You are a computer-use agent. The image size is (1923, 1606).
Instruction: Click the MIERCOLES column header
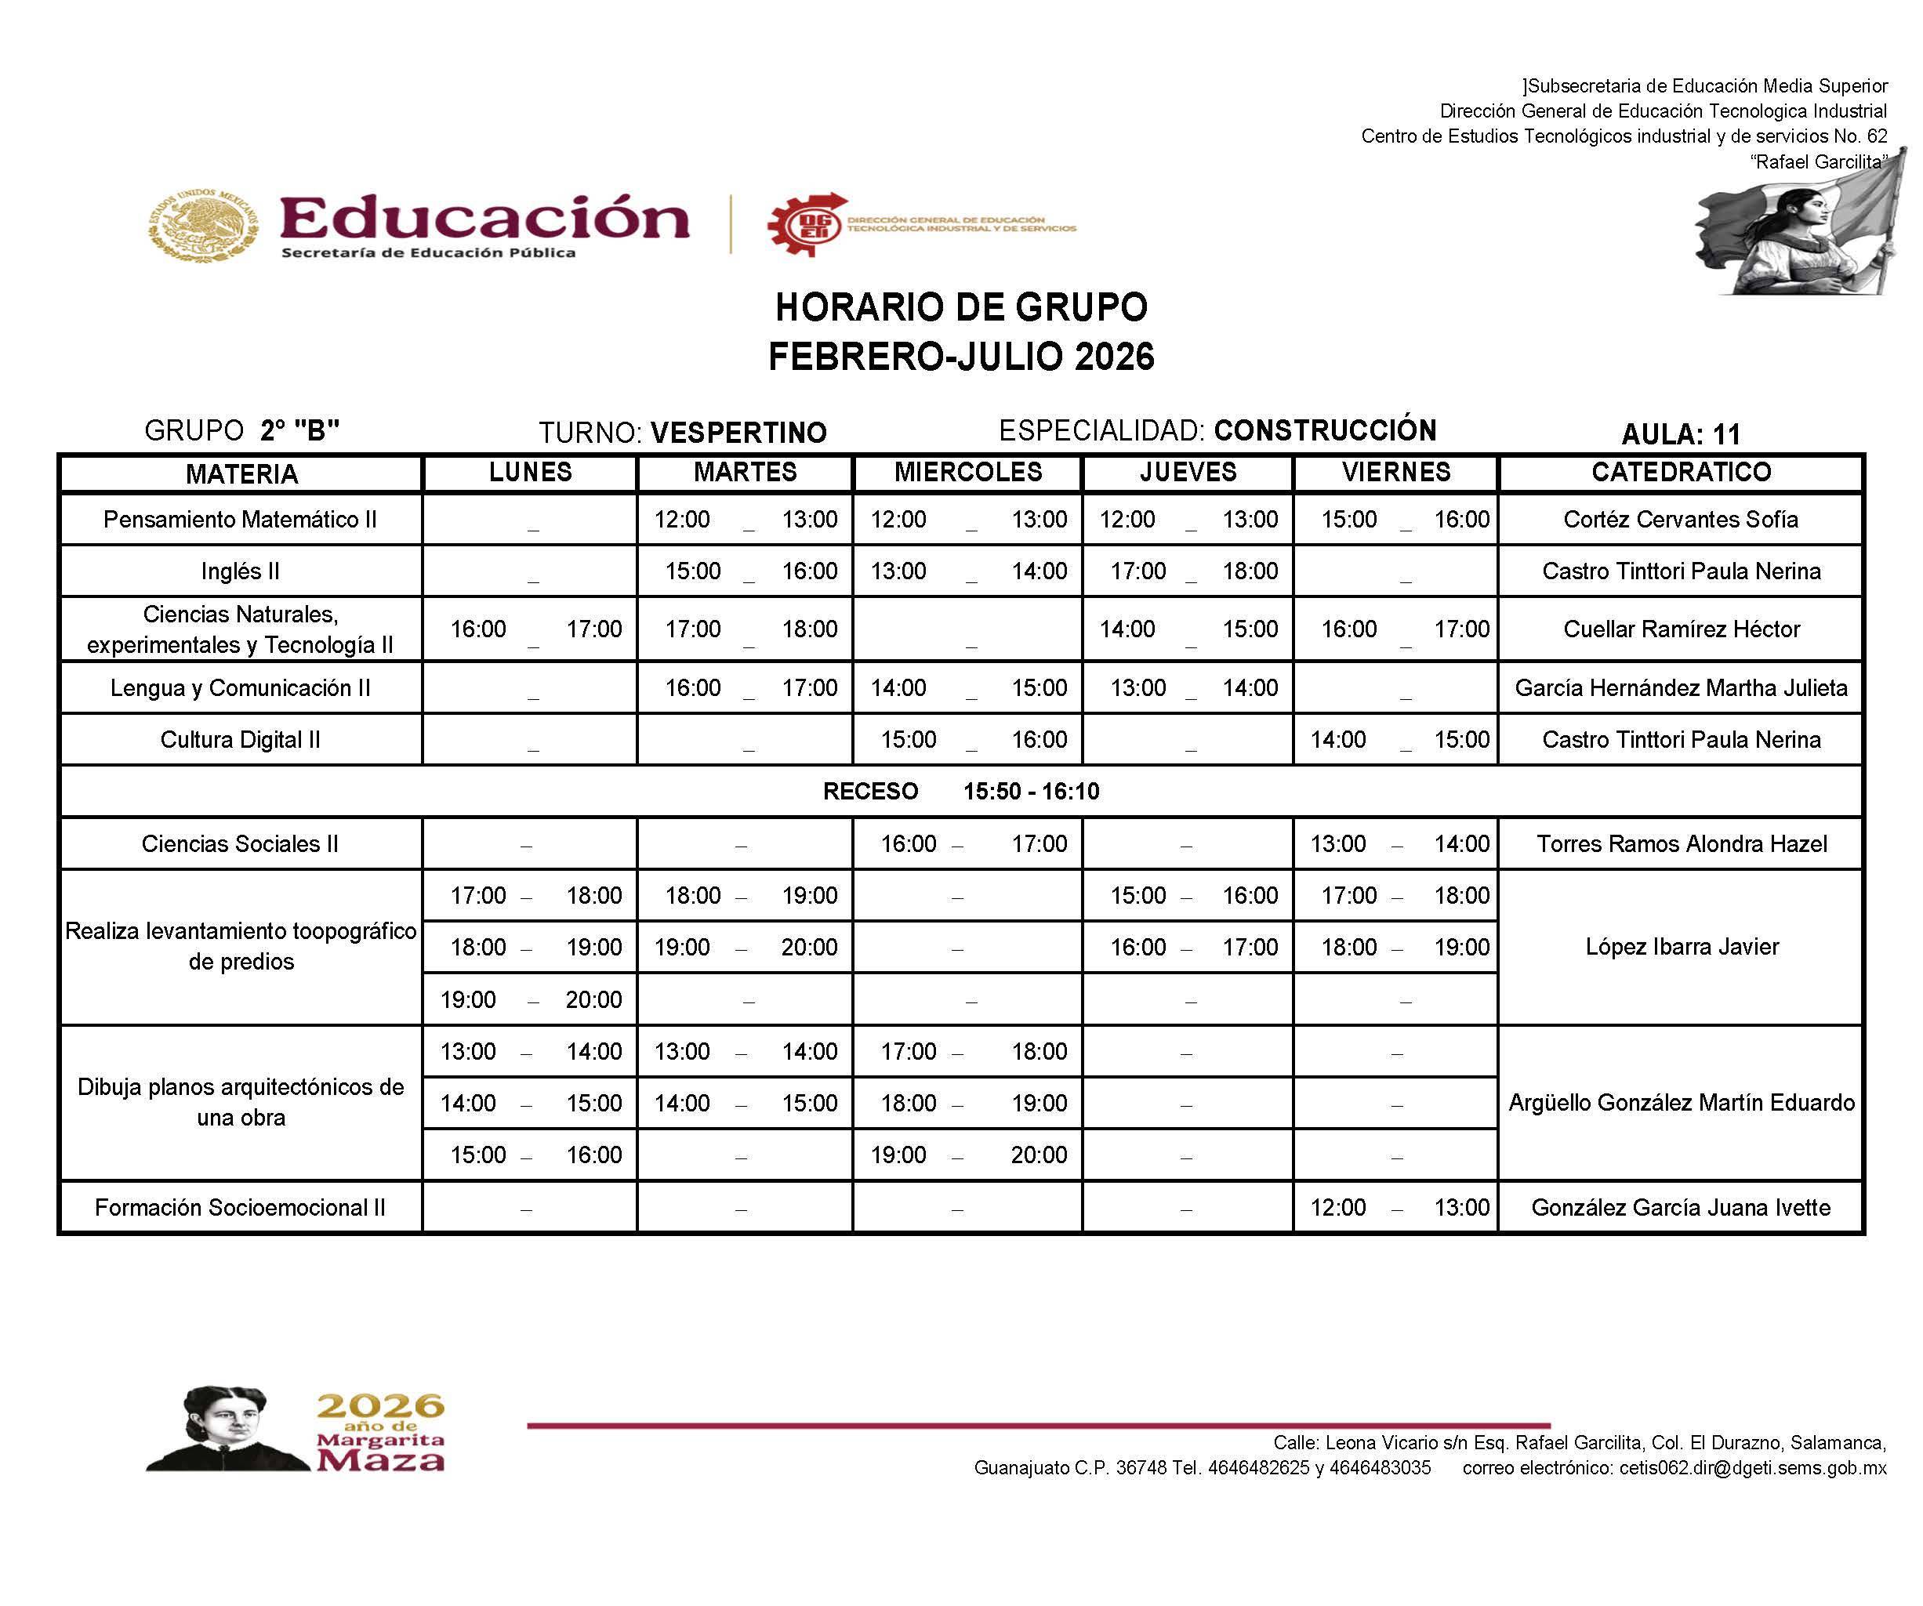pos(968,473)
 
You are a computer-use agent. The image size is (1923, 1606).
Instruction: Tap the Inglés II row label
pos(240,571)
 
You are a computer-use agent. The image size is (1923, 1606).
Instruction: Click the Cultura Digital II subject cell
pos(240,740)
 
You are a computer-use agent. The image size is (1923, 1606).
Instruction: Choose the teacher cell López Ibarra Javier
pos(1682,947)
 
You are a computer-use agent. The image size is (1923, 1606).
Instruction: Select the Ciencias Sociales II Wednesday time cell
pos(968,844)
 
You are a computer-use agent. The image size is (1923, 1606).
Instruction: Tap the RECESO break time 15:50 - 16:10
pos(1031,792)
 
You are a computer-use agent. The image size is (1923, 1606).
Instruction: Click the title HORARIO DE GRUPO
pos(961,308)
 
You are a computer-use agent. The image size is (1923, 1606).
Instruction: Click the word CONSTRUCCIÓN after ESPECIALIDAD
pos(1325,430)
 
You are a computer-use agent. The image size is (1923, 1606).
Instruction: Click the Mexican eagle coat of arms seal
pos(203,225)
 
